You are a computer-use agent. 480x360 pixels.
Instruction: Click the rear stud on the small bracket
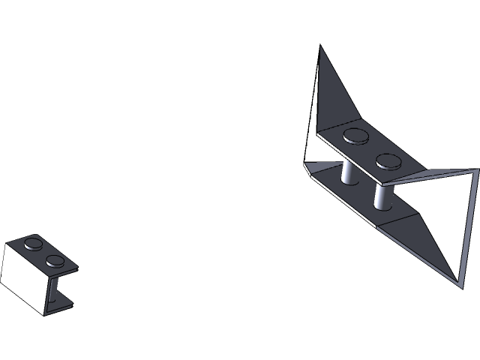[x=34, y=243]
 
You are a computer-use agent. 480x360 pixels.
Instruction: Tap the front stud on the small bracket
[x=55, y=261]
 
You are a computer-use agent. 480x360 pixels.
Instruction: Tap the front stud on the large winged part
[x=387, y=160]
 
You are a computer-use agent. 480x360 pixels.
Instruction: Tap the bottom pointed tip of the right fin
[x=458, y=284]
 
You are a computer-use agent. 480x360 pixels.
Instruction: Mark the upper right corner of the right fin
[x=476, y=171]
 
